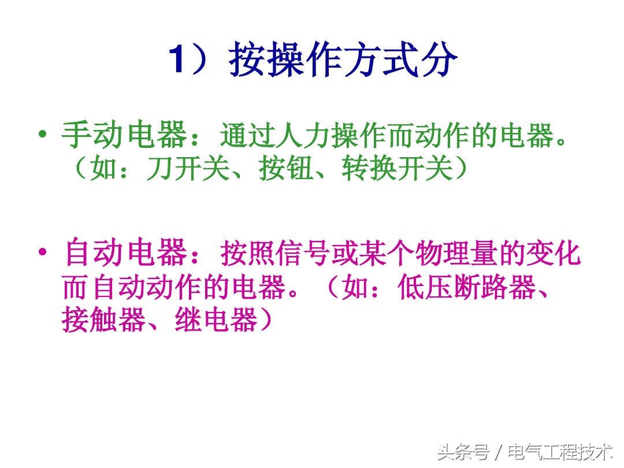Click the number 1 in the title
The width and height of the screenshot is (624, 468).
(x=178, y=61)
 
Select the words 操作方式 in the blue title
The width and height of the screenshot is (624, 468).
(x=324, y=60)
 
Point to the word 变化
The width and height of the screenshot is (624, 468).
(x=551, y=254)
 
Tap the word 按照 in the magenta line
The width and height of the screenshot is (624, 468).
(x=249, y=254)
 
